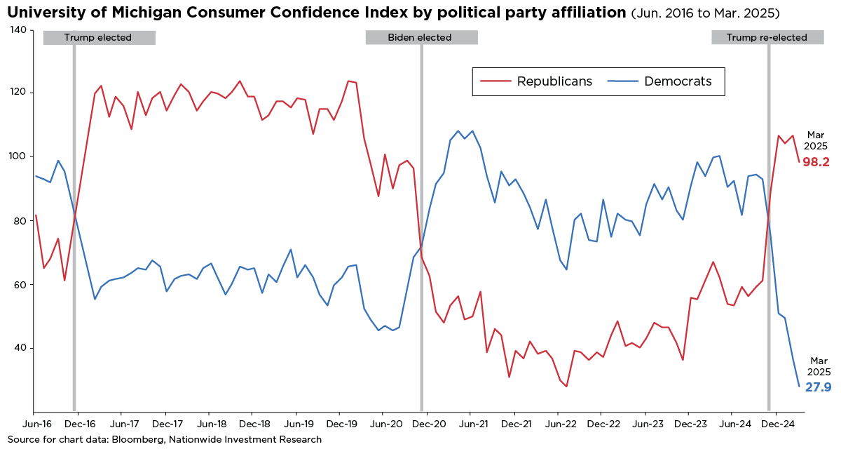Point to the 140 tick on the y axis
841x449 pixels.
pos(18,30)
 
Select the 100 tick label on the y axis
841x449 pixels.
pos(18,157)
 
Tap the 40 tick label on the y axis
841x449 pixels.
pos(20,348)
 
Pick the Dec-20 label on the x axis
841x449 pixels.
pos(428,424)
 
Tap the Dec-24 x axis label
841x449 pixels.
pos(777,424)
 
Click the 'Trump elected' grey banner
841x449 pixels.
pos(99,38)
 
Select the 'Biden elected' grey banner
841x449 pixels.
pos(420,38)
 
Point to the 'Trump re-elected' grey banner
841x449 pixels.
pos(767,38)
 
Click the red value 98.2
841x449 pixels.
pos(816,162)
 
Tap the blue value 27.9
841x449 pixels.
pos(818,387)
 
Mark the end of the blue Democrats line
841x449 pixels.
pos(799,387)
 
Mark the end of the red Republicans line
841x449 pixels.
pos(799,161)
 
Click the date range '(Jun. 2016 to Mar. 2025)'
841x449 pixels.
pos(706,13)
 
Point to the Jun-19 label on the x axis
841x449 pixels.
pos(296,424)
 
